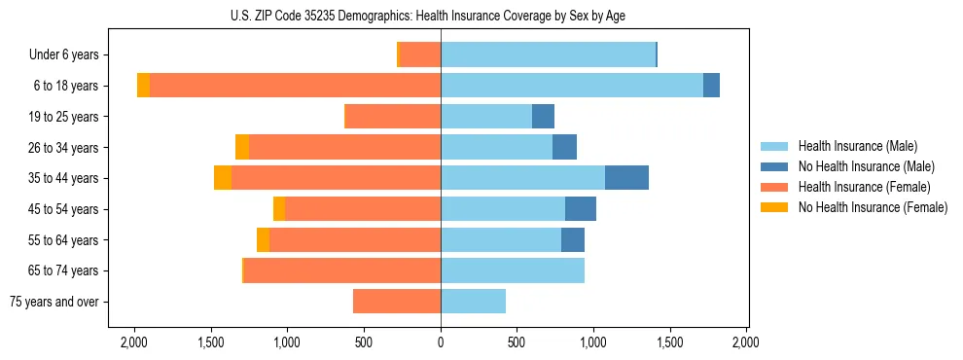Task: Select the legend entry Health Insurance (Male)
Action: pos(857,146)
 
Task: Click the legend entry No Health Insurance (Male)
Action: pos(866,166)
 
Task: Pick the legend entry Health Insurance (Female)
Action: pos(863,187)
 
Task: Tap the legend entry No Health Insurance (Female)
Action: pos(872,207)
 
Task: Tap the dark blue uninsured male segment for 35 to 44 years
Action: pos(626,178)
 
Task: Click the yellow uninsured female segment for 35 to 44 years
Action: pos(223,178)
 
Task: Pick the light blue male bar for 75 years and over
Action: pos(474,302)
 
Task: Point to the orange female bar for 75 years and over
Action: pos(397,302)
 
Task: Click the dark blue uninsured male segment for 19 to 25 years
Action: pos(543,117)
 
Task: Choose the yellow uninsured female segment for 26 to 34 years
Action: pos(242,147)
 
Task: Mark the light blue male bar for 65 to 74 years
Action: pos(513,270)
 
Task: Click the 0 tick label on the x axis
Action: pos(441,343)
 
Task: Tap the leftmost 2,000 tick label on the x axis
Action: pos(133,343)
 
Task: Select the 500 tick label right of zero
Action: pos(517,343)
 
